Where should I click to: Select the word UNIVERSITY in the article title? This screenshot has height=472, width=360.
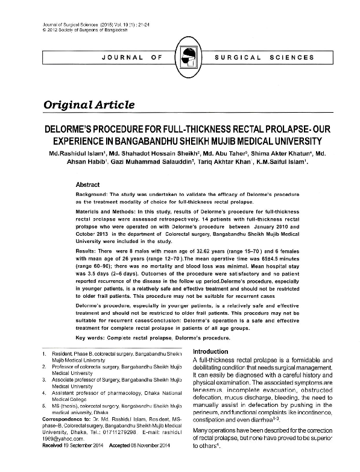pyautogui.click(x=291, y=141)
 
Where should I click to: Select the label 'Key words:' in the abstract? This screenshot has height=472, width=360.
pyautogui.click(x=95, y=338)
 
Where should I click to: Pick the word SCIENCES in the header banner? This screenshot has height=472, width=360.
pyautogui.click(x=292, y=58)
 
